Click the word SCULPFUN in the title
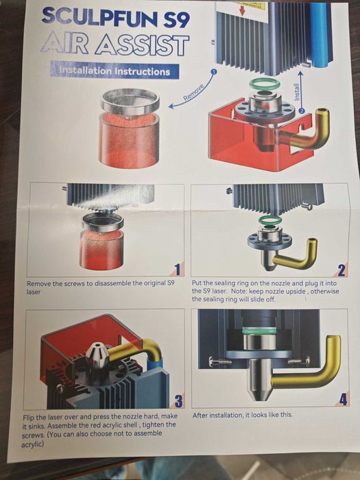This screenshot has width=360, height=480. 100,17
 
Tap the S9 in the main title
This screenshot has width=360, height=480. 176,19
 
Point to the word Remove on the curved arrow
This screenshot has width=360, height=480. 194,92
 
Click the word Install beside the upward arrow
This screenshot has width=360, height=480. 296,92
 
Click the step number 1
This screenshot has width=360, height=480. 177,269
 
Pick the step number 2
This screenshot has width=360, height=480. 341,270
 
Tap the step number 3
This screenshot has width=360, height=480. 178,400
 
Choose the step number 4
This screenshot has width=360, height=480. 343,399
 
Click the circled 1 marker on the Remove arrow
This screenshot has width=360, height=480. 214,71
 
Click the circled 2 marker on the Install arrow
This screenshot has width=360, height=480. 302,111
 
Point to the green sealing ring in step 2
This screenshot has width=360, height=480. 269,220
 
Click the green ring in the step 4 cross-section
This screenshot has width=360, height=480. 259,331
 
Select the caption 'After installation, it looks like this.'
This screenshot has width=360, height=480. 242,415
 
